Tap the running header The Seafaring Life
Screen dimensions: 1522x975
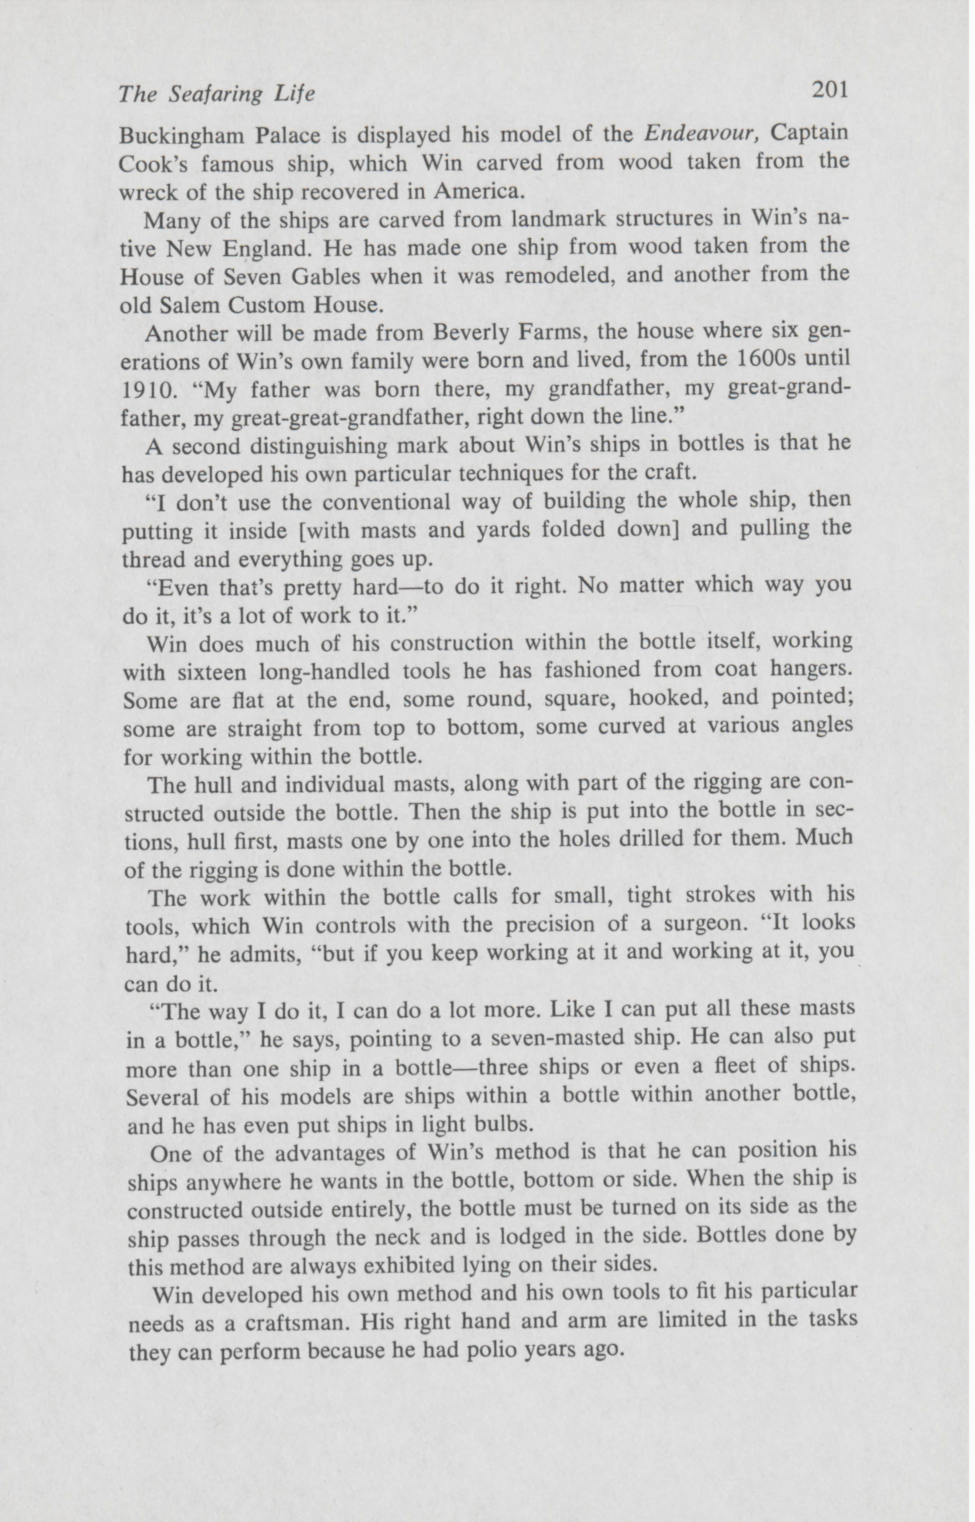216,95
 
